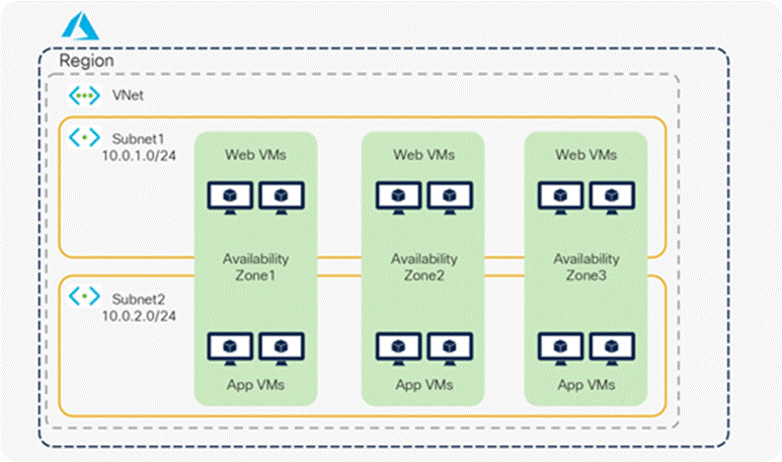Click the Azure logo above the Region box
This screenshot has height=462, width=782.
[81, 27]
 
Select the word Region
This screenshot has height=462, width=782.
[87, 61]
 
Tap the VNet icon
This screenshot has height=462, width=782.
[84, 96]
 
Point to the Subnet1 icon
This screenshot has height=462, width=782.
[84, 136]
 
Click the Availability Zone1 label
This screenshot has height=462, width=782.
[256, 267]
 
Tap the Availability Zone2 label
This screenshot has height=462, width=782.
[424, 267]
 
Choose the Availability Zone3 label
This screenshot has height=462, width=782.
[586, 267]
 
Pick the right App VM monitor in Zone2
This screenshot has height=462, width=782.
[449, 347]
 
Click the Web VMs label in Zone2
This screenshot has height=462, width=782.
[424, 155]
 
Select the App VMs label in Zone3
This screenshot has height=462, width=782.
[586, 384]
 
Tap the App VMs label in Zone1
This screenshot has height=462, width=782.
[256, 384]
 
